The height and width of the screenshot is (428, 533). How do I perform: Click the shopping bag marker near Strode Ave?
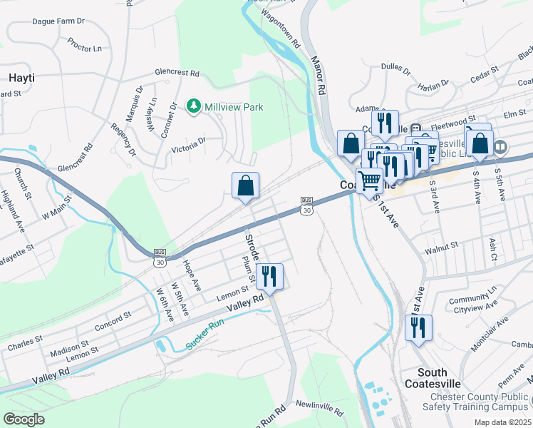tap(245, 186)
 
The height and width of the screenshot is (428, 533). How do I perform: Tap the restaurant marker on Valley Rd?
tap(269, 276)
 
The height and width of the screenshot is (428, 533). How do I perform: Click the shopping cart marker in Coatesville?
tap(369, 180)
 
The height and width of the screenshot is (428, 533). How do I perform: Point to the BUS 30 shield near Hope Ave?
tap(160, 257)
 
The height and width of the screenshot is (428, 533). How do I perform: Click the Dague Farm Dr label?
tap(59, 21)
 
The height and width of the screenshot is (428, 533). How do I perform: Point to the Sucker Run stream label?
tap(205, 334)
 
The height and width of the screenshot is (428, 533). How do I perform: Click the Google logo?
tap(24, 419)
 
